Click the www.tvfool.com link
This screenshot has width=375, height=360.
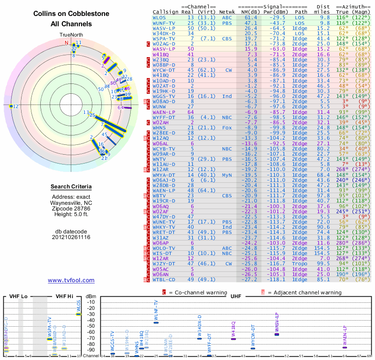pyautogui.click(x=71, y=280)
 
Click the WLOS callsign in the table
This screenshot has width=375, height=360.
pyautogui.click(x=159, y=17)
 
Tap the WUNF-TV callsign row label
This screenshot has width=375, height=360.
pyautogui.click(x=164, y=22)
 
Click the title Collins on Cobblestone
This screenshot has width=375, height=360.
pyautogui.click(x=71, y=14)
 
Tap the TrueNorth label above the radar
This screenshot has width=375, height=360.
pyautogui.click(x=71, y=35)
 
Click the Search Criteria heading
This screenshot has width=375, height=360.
pyautogui.click(x=71, y=187)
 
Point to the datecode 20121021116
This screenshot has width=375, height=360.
pyautogui.click(x=71, y=237)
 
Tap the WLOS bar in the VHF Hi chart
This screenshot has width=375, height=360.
pyautogui.click(x=79, y=314)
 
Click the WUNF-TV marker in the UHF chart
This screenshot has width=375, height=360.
pyautogui.click(x=156, y=322)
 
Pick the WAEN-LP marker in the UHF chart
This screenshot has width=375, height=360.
pyautogui.click(x=345, y=347)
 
